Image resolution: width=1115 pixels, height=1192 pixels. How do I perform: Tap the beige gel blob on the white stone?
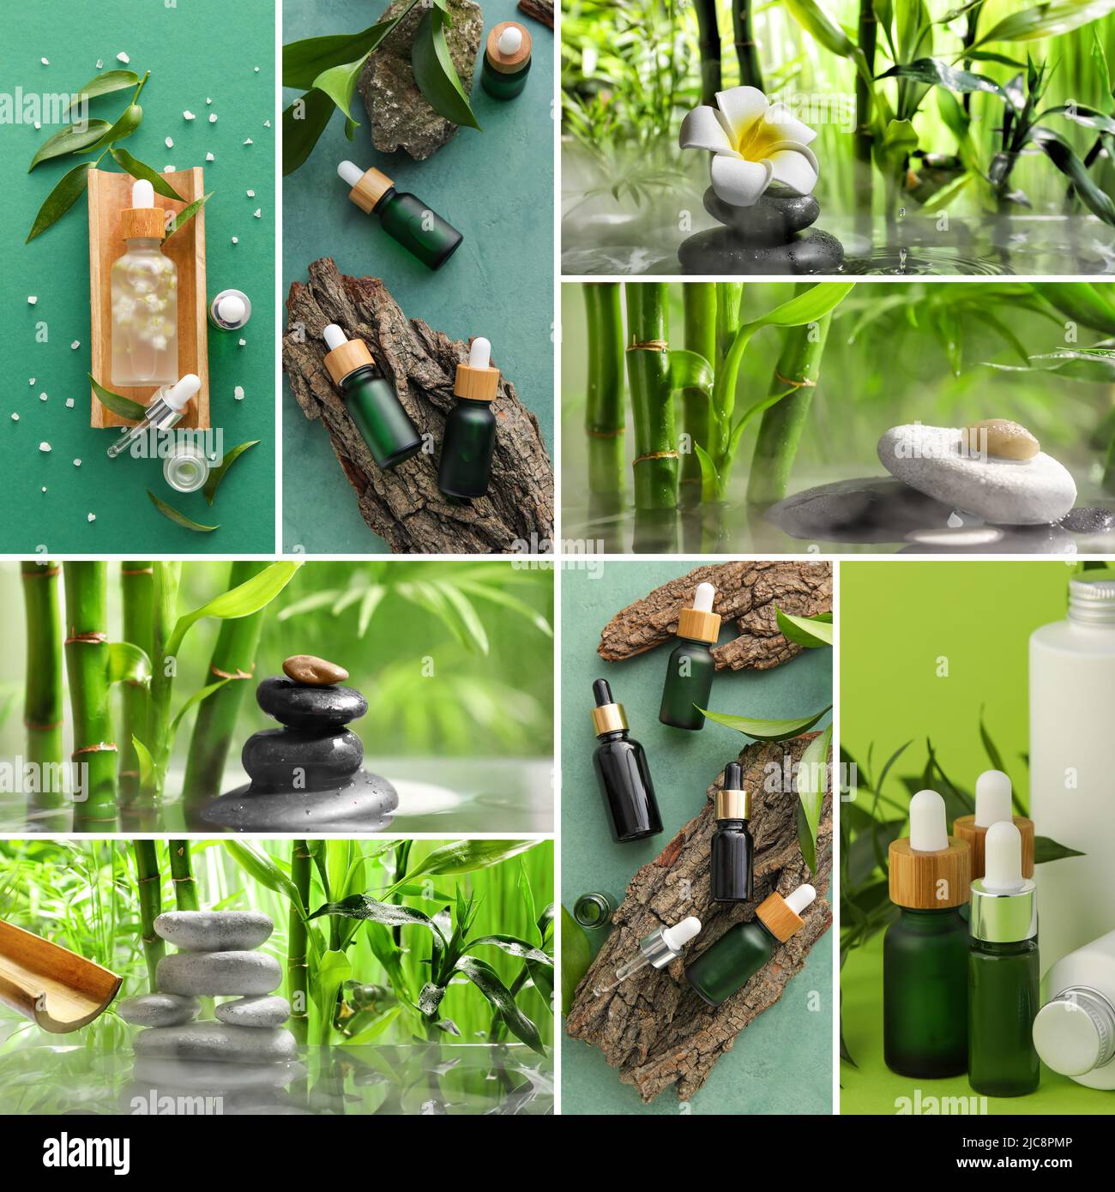click(x=999, y=437)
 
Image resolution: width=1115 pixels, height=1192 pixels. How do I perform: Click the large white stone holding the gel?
click(x=978, y=473)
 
